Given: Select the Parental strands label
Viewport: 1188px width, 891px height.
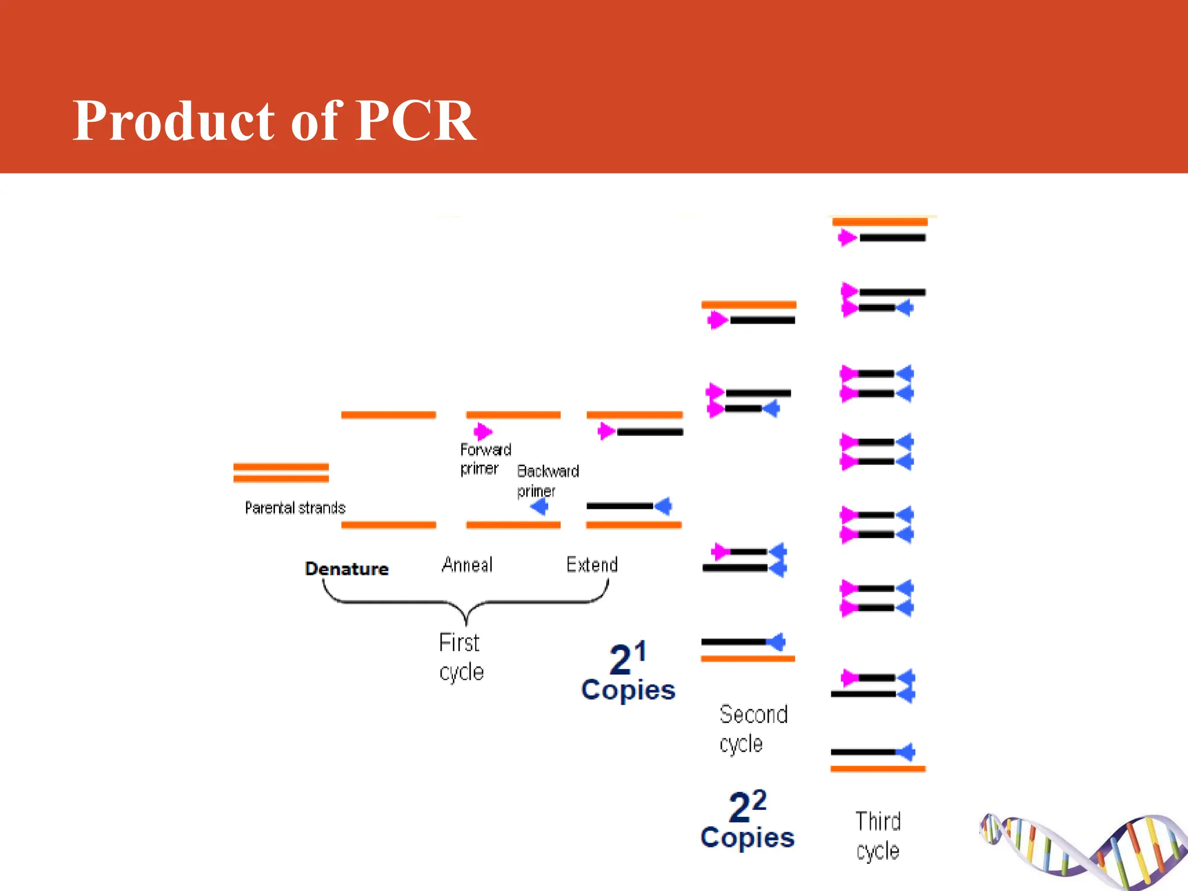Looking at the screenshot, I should pyautogui.click(x=295, y=508).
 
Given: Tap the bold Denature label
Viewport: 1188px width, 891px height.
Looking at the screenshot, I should pyautogui.click(x=347, y=568).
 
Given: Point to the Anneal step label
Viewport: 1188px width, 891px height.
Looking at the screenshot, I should pyautogui.click(x=467, y=564).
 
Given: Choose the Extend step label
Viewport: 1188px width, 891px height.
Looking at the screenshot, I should pyautogui.click(x=592, y=564).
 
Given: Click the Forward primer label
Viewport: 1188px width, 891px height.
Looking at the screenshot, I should pyautogui.click(x=485, y=459).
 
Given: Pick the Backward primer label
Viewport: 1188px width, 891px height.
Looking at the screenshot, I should pyautogui.click(x=548, y=481).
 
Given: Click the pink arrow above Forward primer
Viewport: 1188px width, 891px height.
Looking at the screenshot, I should pyautogui.click(x=483, y=432).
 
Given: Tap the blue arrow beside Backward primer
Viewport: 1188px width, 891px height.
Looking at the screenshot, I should pyautogui.click(x=539, y=508).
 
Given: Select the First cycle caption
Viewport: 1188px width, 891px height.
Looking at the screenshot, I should pyautogui.click(x=461, y=657).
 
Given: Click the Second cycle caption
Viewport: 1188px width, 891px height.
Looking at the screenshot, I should pyautogui.click(x=753, y=729).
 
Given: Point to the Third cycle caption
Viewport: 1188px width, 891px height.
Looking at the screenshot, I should pyautogui.click(x=878, y=836).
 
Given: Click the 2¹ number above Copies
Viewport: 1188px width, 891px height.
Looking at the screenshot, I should pyautogui.click(x=628, y=658).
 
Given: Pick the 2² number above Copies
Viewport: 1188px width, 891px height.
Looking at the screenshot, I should pyautogui.click(x=747, y=806).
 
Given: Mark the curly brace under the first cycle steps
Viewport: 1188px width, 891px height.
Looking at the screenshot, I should pyautogui.click(x=466, y=603).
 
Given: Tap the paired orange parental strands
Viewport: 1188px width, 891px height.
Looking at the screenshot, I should pyautogui.click(x=281, y=473).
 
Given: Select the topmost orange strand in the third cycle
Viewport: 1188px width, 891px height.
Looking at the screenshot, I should pyautogui.click(x=879, y=222).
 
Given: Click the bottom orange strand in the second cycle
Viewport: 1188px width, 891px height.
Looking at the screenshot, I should pyautogui.click(x=748, y=658).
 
